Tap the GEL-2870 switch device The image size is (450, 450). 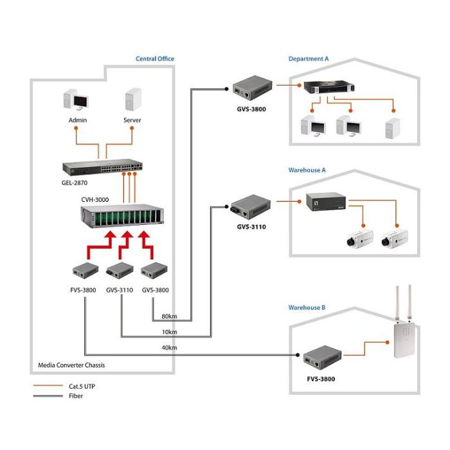point(103,167)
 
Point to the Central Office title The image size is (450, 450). point(154,59)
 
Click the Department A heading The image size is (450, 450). point(308,59)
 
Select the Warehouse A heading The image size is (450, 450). point(307,170)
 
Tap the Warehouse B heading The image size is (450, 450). point(307,308)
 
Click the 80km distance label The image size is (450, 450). point(169,317)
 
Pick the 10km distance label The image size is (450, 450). point(169,332)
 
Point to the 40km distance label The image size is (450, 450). point(169,348)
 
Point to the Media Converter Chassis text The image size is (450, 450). point(71,365)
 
